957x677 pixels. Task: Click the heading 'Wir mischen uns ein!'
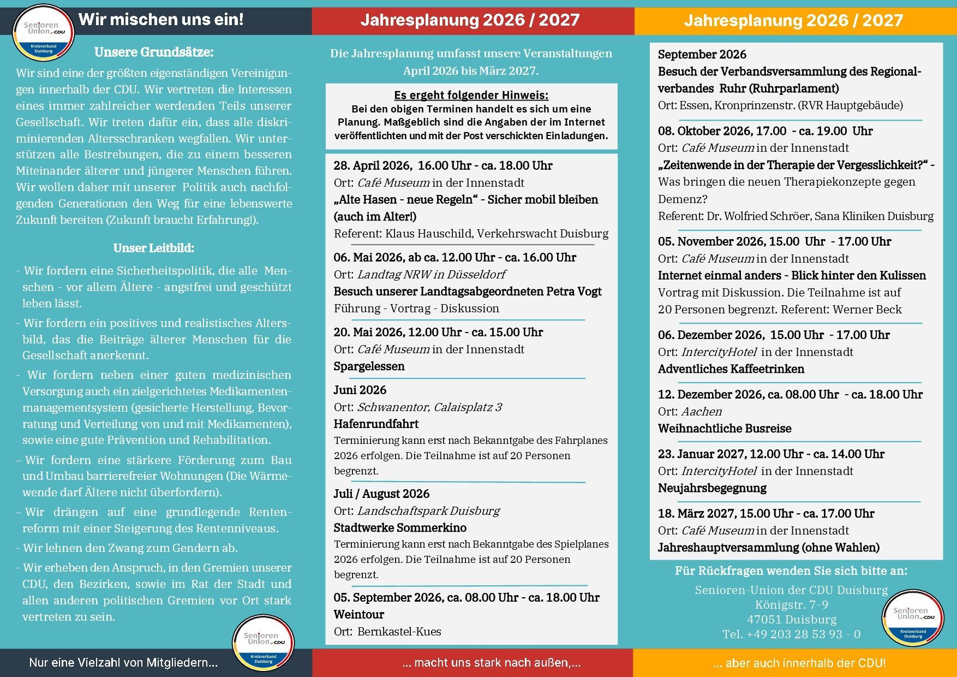pyautogui.click(x=161, y=20)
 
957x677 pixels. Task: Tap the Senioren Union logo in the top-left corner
pyautogui.click(x=43, y=32)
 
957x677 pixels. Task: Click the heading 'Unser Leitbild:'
pyautogui.click(x=154, y=248)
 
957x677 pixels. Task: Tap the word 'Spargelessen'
pyautogui.click(x=369, y=366)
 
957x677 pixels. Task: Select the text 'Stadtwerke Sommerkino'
pyautogui.click(x=400, y=527)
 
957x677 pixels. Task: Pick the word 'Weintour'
pyautogui.click(x=359, y=614)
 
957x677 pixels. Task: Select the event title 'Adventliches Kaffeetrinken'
pyautogui.click(x=731, y=369)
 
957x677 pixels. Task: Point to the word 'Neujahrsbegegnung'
pyautogui.click(x=712, y=488)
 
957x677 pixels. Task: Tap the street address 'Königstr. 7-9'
pyautogui.click(x=792, y=605)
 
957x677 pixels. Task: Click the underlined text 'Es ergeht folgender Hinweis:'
pyautogui.click(x=471, y=95)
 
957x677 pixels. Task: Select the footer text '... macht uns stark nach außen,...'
pyautogui.click(x=491, y=663)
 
